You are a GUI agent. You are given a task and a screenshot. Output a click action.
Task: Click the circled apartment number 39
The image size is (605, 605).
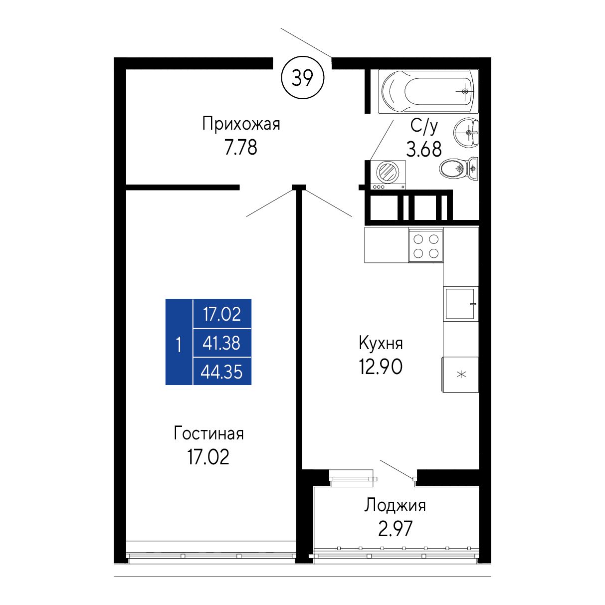(x=303, y=77)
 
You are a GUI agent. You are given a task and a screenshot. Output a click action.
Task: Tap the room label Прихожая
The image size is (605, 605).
(x=241, y=124)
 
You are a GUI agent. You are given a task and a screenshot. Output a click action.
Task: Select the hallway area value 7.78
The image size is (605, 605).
(x=241, y=147)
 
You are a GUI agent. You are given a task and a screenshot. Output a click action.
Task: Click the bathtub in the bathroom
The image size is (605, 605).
(x=428, y=91)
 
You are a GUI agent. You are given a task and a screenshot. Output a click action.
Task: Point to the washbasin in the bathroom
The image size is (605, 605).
(x=466, y=133)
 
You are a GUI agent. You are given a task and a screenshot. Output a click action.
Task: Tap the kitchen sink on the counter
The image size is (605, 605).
(x=460, y=304)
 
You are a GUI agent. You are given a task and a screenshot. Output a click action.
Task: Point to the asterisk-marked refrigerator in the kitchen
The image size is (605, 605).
(x=460, y=374)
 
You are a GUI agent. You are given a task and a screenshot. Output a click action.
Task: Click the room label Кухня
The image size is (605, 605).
(x=381, y=343)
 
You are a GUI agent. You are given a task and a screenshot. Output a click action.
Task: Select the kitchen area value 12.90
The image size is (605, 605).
(x=381, y=367)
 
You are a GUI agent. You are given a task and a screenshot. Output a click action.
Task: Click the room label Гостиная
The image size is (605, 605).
(x=209, y=433)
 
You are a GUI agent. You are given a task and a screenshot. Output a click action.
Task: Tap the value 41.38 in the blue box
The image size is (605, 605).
(x=221, y=343)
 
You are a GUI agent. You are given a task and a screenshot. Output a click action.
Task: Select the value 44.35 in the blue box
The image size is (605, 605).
(x=221, y=372)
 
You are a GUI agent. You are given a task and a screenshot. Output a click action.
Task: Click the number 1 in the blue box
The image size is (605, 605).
(x=179, y=345)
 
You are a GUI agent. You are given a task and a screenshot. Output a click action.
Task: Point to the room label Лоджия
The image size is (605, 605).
(x=395, y=506)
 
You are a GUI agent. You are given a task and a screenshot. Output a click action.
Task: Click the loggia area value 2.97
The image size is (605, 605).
(x=395, y=529)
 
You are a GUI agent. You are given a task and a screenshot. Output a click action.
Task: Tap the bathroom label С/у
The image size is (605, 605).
(x=424, y=126)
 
